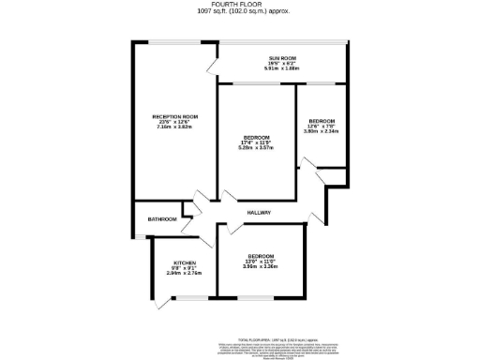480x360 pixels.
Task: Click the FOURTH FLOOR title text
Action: click(239, 5)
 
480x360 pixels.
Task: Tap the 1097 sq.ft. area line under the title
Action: click(239, 12)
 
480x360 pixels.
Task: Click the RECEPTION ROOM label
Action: click(176, 116)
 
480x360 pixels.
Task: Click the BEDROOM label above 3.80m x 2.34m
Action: click(322, 120)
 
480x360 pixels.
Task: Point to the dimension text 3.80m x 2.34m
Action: click(322, 131)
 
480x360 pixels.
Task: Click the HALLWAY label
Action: click(259, 213)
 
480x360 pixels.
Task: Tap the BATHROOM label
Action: click(162, 219)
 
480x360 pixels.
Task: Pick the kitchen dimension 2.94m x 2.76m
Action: click(184, 273)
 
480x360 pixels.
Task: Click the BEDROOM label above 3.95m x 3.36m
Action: click(261, 256)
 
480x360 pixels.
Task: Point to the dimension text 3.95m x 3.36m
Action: click(261, 267)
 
